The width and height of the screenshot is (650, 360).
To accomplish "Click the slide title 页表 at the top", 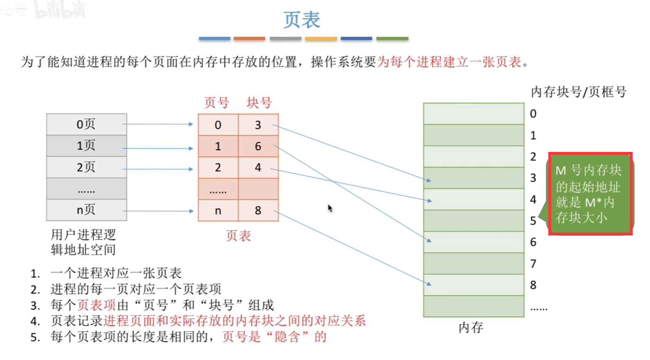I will [302, 20].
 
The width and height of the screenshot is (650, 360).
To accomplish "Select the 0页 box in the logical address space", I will [86, 124].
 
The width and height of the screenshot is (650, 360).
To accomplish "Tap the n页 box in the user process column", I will [86, 210].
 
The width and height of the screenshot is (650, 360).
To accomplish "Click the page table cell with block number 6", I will [258, 146].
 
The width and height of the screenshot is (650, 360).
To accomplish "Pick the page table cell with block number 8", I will [258, 210].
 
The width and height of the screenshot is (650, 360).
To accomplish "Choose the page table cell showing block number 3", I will [258, 125].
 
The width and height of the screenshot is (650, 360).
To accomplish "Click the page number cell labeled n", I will [218, 211].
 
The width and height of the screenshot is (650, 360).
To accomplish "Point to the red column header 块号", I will [259, 103].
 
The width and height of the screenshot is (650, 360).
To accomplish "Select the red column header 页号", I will [216, 103].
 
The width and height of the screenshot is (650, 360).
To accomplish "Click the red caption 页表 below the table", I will [238, 235].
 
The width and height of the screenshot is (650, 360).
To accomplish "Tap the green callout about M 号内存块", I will [589, 194].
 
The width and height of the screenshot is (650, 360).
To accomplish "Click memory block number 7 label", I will [533, 264].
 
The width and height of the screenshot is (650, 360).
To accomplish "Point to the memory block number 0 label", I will [533, 114].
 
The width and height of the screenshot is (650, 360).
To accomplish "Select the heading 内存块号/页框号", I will [578, 92].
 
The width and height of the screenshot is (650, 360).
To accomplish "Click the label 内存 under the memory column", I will [471, 327].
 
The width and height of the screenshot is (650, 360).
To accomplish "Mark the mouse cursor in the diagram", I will [330, 208].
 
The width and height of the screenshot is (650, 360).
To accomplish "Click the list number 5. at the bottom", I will [35, 337].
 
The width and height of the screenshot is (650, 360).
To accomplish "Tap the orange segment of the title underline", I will [249, 39].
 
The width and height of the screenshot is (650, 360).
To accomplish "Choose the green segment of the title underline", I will [392, 39].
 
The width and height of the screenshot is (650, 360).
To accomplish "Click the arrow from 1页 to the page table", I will [158, 148].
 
